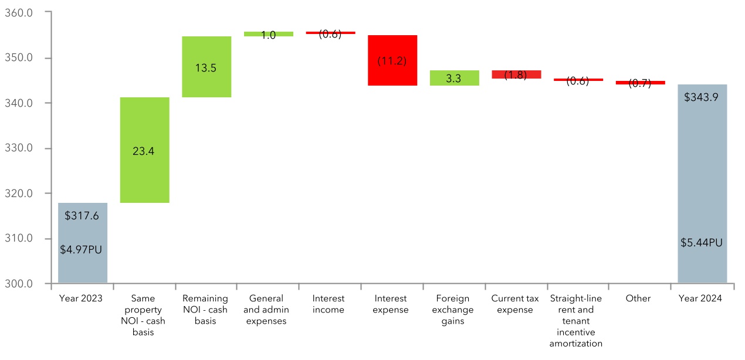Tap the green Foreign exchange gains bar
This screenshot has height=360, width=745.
pyautogui.click(x=454, y=78)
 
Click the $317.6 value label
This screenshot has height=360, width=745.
pyautogui.click(x=83, y=216)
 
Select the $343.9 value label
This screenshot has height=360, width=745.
pyautogui.click(x=702, y=98)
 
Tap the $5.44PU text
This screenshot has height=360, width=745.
pyautogui.click(x=702, y=242)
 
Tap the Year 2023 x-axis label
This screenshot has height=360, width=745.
pyautogui.click(x=81, y=298)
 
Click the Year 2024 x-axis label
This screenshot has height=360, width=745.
pyautogui.click(x=700, y=298)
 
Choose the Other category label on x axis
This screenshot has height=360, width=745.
pyautogui.click(x=638, y=298)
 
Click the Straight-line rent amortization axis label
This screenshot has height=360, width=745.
pyautogui.click(x=575, y=321)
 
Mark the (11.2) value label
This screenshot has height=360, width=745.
pyautogui.click(x=392, y=60)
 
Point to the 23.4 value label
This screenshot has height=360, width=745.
pyautogui.click(x=144, y=151)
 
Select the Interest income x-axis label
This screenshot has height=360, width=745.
pyautogui.click(x=328, y=304)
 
